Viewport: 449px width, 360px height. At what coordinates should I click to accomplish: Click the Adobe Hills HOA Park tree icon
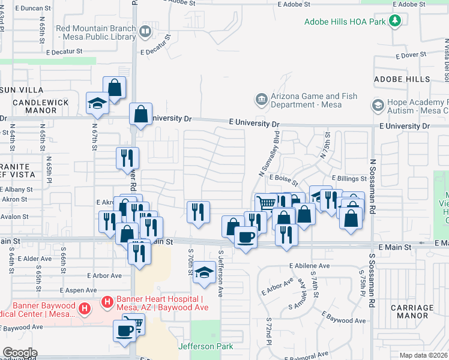394,22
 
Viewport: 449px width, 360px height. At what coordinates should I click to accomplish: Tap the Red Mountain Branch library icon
145,31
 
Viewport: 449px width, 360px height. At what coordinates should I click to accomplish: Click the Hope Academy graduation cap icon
378,106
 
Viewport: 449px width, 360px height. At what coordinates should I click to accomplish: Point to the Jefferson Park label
205,346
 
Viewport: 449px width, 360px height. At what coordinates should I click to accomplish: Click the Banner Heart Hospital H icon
107,302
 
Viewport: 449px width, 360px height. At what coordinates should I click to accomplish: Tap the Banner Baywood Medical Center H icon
85,309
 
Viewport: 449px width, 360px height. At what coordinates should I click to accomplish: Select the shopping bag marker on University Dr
140,113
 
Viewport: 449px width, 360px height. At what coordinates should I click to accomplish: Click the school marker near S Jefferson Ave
204,272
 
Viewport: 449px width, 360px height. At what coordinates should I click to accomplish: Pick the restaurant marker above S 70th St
197,211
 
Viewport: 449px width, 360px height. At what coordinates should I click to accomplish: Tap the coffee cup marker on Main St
245,238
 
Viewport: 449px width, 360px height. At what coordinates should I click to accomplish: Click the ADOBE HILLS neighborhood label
402,79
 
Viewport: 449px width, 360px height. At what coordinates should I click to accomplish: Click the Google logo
19,353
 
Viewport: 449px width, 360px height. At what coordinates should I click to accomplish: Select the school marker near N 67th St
97,103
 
